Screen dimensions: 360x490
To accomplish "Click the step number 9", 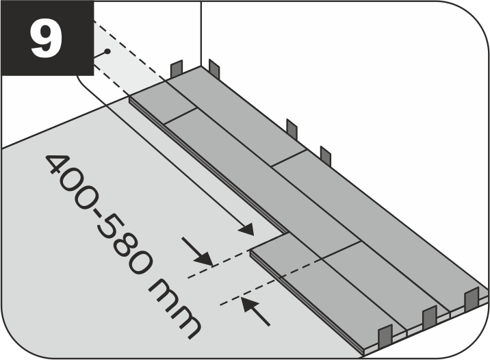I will tap(46, 40).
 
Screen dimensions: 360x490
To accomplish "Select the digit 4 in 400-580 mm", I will tap(59, 169).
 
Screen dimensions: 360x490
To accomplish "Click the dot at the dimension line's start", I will tap(107, 53).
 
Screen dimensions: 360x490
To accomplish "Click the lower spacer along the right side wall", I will tap(326, 155).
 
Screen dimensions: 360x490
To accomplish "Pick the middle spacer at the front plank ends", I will tap(429, 318).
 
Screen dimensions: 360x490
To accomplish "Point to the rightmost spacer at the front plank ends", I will tap(471, 299).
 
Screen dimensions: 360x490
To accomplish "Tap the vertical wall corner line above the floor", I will tap(201, 31).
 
